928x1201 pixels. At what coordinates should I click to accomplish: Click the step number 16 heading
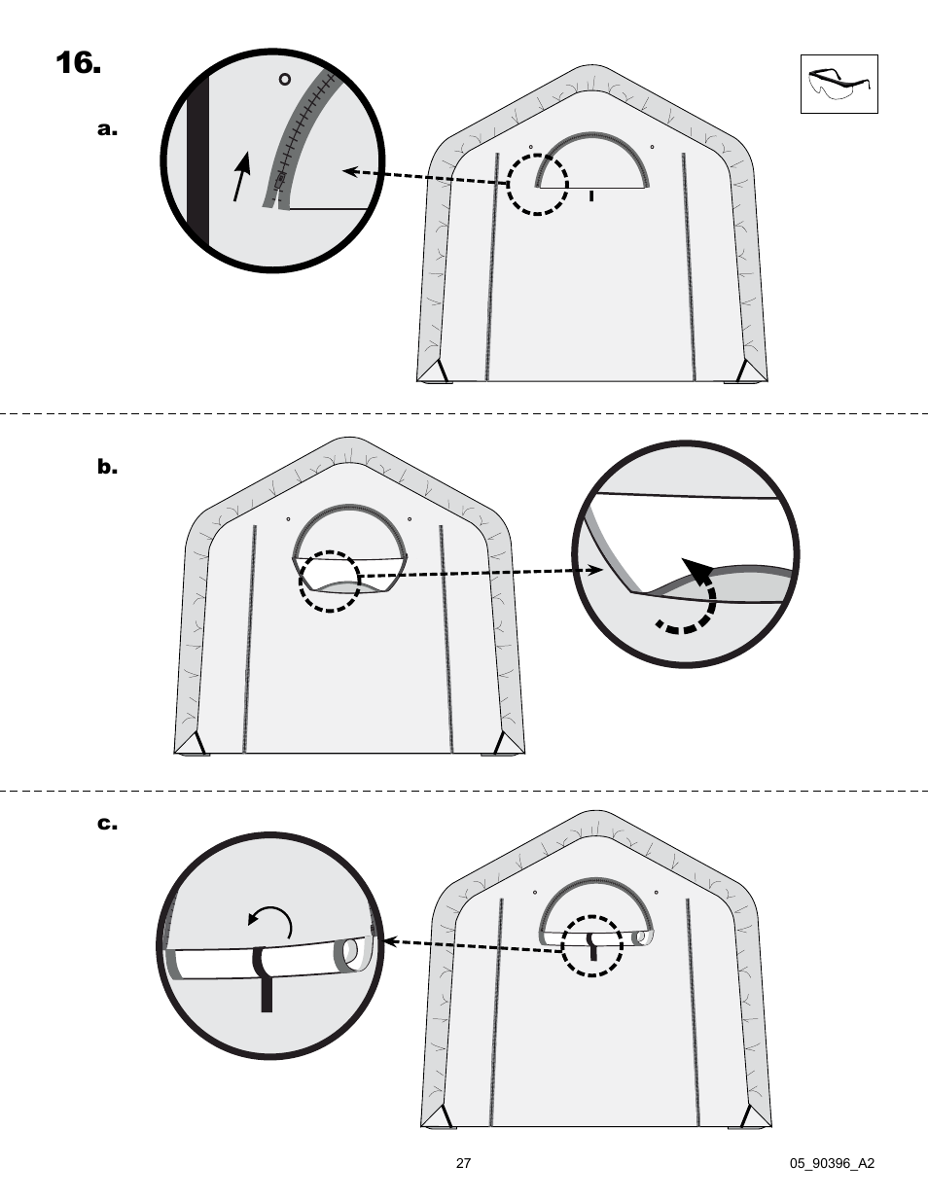point(78,64)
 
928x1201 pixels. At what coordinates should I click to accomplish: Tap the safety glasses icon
point(839,85)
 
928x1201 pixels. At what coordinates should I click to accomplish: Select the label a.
point(107,129)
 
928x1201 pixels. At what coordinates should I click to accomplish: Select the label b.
point(107,468)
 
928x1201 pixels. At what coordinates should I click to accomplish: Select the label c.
point(107,825)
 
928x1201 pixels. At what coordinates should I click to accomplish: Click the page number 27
point(463,1163)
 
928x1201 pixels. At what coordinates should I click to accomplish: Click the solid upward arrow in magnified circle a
point(242,176)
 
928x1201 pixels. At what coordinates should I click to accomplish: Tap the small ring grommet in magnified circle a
point(285,79)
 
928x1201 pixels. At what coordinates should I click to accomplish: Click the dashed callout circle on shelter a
point(538,184)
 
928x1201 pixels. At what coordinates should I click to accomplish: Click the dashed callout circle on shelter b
point(330,582)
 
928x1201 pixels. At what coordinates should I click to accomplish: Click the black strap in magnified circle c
point(264,977)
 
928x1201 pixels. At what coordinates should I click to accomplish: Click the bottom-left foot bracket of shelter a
point(435,371)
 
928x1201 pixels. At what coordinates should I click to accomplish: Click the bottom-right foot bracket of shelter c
point(754,1115)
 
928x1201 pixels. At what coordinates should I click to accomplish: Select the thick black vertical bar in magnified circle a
point(198,160)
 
